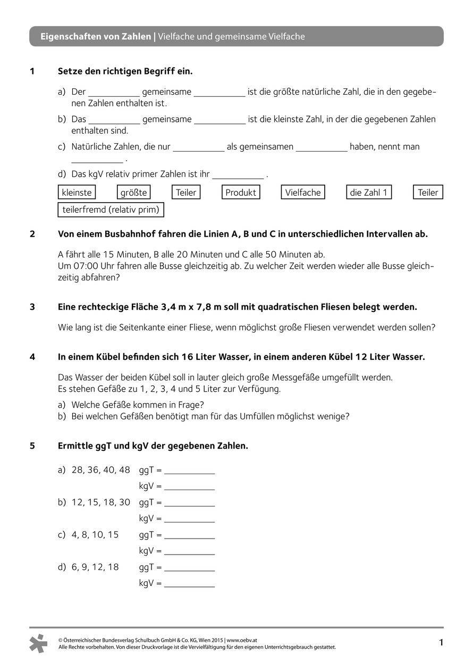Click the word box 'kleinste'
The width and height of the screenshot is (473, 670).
77,193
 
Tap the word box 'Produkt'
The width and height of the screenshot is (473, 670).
241,193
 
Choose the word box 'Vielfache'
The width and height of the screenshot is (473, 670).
303,193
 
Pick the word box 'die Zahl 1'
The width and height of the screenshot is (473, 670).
369,193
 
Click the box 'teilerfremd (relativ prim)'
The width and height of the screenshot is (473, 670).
111,210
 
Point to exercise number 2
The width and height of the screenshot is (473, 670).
32,234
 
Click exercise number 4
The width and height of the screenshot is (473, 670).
32,358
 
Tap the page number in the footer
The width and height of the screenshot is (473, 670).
441,643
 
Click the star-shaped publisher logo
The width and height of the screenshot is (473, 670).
38,643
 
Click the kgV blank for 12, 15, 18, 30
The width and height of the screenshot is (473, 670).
190,519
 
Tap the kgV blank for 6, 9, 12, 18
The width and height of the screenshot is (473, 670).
190,584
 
